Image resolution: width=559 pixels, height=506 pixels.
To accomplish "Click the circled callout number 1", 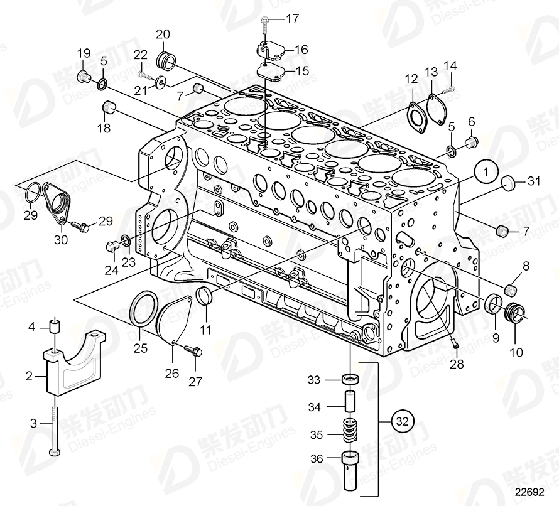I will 486,171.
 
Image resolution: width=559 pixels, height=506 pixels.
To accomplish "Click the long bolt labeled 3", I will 55,428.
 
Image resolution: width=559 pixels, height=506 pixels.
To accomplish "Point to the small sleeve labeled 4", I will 55,326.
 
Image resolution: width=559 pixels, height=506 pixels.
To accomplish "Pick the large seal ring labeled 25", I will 144,308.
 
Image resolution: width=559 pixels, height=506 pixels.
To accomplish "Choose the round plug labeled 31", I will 510,184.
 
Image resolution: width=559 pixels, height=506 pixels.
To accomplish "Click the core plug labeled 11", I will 205,295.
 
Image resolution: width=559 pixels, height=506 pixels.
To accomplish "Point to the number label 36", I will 317,459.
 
